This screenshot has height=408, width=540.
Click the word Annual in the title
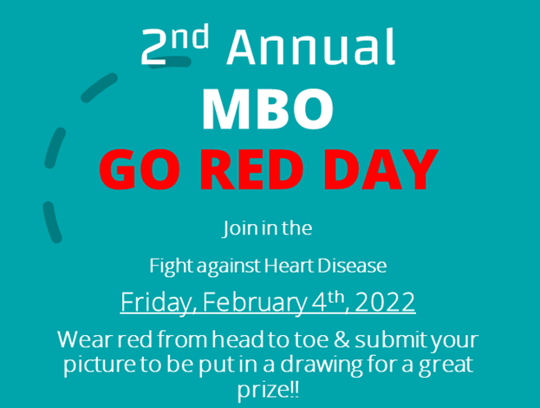[311, 47]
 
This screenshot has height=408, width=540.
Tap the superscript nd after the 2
[190, 36]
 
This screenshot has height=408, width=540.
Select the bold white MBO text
[268, 109]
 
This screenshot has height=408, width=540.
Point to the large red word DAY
[381, 169]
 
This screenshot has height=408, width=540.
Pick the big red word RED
[252, 169]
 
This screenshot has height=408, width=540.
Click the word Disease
[352, 266]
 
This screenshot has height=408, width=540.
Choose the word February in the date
[254, 302]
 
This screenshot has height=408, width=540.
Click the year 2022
[385, 302]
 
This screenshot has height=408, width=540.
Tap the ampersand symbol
[342, 339]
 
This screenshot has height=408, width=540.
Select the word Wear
[86, 339]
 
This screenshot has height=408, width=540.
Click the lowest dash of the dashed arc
[52, 222]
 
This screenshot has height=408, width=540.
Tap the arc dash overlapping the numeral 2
[169, 63]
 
